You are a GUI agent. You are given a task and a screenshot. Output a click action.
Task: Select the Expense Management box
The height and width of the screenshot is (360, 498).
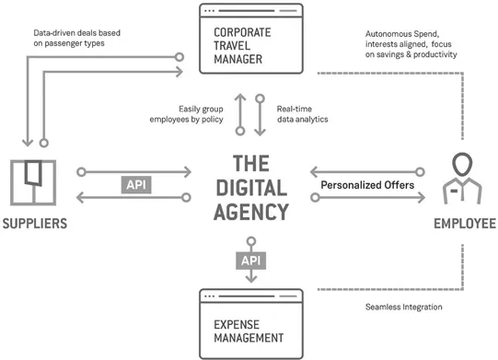coord(249,323)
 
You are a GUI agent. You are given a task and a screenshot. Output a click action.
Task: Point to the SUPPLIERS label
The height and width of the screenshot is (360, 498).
coord(35,223)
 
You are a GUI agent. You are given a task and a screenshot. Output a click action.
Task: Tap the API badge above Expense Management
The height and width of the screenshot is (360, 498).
coord(250,261)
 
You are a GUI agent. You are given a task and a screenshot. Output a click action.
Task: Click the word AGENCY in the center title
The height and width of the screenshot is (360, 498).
coord(249,212)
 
